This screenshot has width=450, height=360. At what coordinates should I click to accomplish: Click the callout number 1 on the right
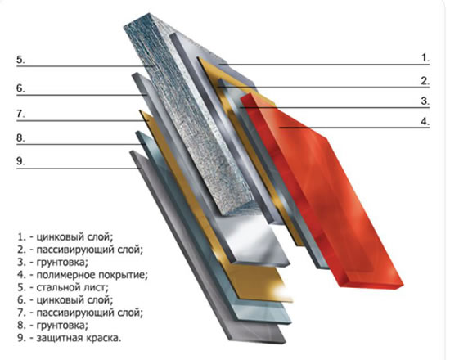(x=425, y=58)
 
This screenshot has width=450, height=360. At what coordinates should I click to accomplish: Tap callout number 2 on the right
(x=425, y=81)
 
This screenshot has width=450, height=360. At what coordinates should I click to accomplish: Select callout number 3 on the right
(x=425, y=101)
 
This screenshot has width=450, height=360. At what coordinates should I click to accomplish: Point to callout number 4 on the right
(x=425, y=121)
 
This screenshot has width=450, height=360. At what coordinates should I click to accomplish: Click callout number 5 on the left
(x=20, y=60)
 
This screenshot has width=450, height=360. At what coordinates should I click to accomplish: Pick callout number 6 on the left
(x=20, y=88)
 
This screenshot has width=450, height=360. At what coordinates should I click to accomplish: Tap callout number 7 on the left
(x=20, y=114)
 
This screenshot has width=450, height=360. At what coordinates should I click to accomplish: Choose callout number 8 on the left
(x=20, y=137)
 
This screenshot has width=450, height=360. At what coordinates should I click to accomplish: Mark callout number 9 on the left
(x=20, y=161)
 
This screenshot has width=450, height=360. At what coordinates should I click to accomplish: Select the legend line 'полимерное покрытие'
(x=83, y=275)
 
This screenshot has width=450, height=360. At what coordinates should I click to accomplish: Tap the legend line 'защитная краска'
(x=70, y=338)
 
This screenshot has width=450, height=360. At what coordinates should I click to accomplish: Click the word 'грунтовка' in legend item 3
(x=62, y=263)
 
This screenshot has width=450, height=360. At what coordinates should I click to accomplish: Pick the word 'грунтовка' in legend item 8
(x=62, y=326)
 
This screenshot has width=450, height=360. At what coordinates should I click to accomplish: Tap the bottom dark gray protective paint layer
(x=207, y=247)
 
